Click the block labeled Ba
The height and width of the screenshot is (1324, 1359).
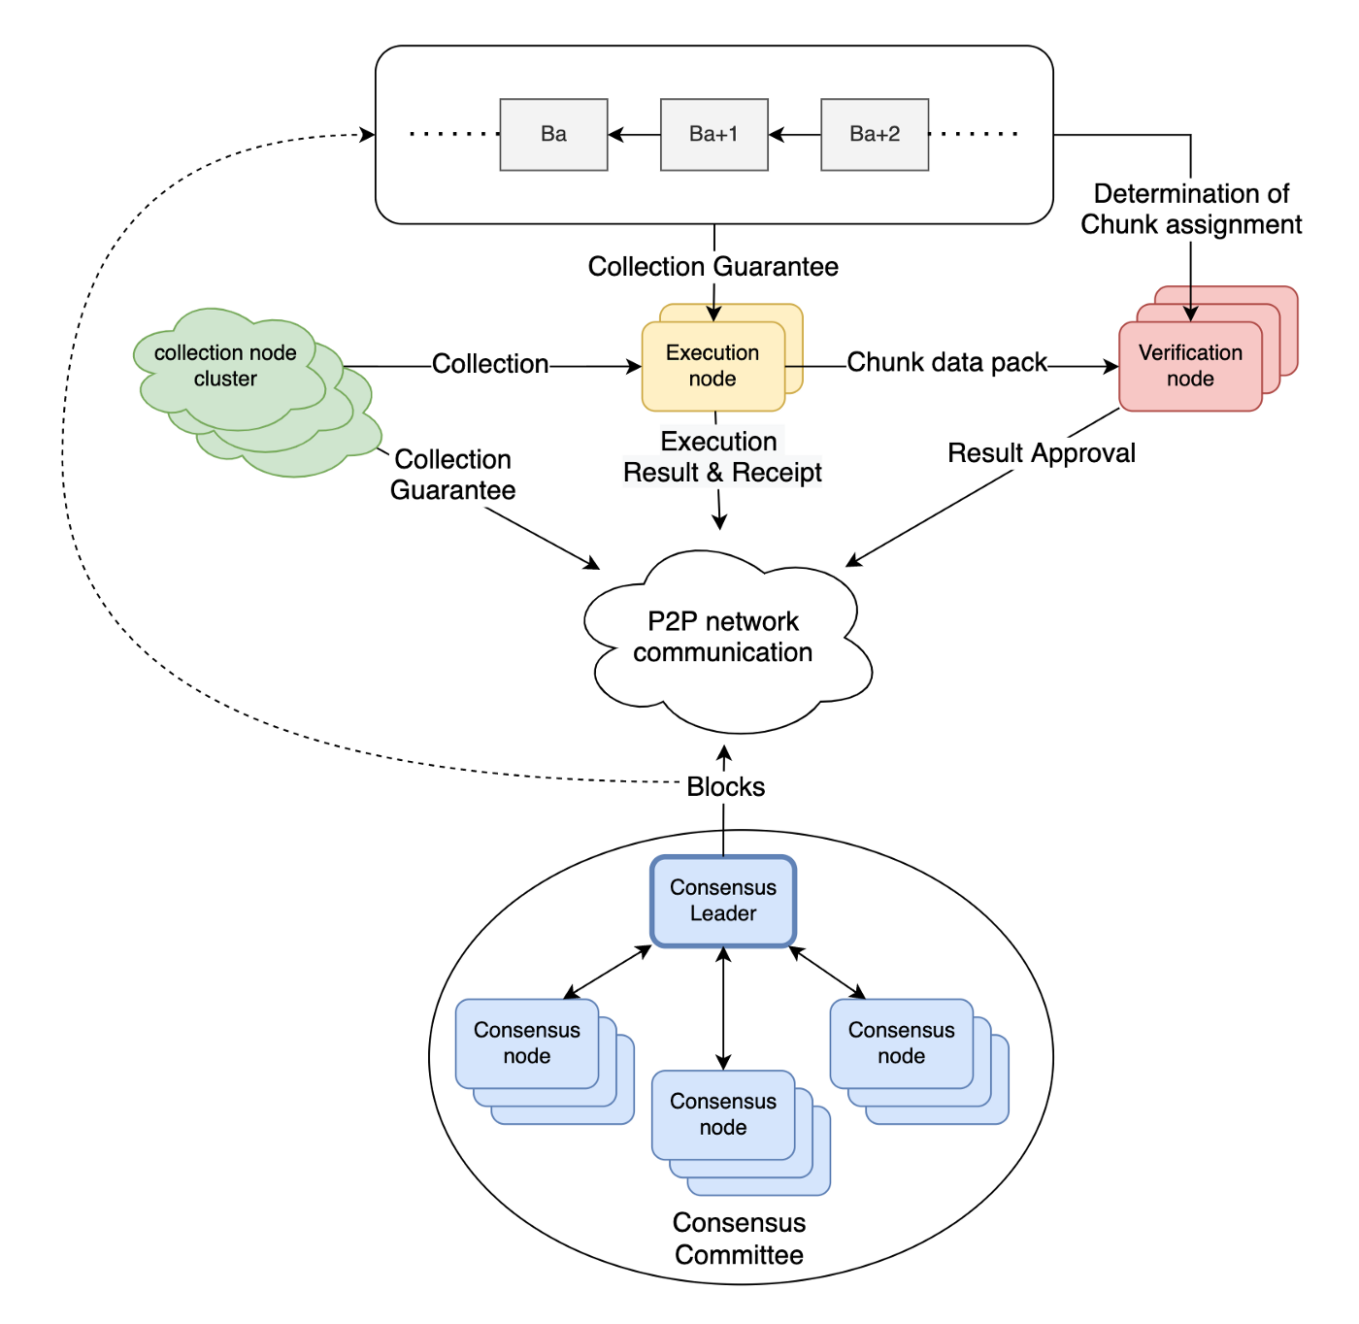553,135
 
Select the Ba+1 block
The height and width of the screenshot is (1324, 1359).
713,135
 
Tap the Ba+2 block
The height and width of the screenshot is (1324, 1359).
874,135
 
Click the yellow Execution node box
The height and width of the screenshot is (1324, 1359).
713,366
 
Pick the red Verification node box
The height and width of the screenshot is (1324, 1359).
1190,366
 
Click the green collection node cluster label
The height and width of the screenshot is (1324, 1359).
225,366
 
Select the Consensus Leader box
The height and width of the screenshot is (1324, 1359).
723,901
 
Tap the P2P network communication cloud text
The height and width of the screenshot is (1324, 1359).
723,637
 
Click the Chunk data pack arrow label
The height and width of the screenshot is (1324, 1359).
946,363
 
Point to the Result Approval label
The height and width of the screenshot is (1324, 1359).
1042,453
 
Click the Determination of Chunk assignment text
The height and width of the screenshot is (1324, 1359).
1191,209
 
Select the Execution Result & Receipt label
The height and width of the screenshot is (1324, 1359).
721,457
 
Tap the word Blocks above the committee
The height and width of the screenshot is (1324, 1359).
725,787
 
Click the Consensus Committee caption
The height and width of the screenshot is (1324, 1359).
739,1239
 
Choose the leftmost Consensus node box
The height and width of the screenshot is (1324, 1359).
527,1043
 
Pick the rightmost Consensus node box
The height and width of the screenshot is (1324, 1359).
902,1043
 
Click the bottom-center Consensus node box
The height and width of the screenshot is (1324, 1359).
723,1114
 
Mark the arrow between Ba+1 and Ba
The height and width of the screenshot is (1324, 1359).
634,135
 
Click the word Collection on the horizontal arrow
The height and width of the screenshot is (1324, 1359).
490,364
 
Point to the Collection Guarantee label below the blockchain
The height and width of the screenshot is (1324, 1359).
713,267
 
